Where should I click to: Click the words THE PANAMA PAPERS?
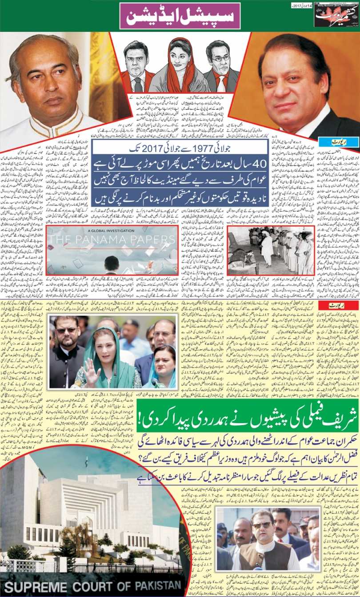point(111,240)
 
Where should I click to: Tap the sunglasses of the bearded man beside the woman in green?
point(65,330)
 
